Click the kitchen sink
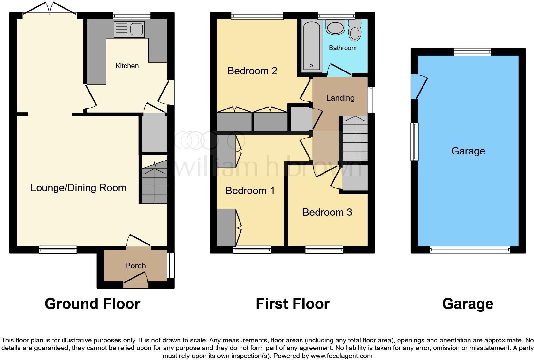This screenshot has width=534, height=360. pyautogui.click(x=129, y=29)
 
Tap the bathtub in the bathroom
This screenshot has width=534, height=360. pyautogui.click(x=311, y=45)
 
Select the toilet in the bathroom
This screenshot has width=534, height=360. pyautogui.click(x=355, y=31)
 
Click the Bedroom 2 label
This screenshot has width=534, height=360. pyautogui.click(x=252, y=71)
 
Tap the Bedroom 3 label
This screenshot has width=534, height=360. pyautogui.click(x=327, y=212)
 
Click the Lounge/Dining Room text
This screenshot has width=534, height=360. pyautogui.click(x=78, y=188)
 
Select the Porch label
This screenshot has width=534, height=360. pyautogui.click(x=135, y=266)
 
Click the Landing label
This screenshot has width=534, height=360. pyautogui.click(x=340, y=98)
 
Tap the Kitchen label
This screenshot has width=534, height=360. pyautogui.click(x=127, y=66)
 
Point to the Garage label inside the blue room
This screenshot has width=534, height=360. pyautogui.click(x=468, y=151)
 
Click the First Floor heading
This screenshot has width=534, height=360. pyautogui.click(x=292, y=304)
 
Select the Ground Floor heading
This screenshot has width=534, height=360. pyautogui.click(x=92, y=304)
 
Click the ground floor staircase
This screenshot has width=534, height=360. pyautogui.click(x=155, y=182)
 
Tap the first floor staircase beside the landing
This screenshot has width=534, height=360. pyautogui.click(x=355, y=139)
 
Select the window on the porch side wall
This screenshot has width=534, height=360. pyautogui.click(x=171, y=265)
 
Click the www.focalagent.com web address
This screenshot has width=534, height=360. pyautogui.click(x=341, y=356)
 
